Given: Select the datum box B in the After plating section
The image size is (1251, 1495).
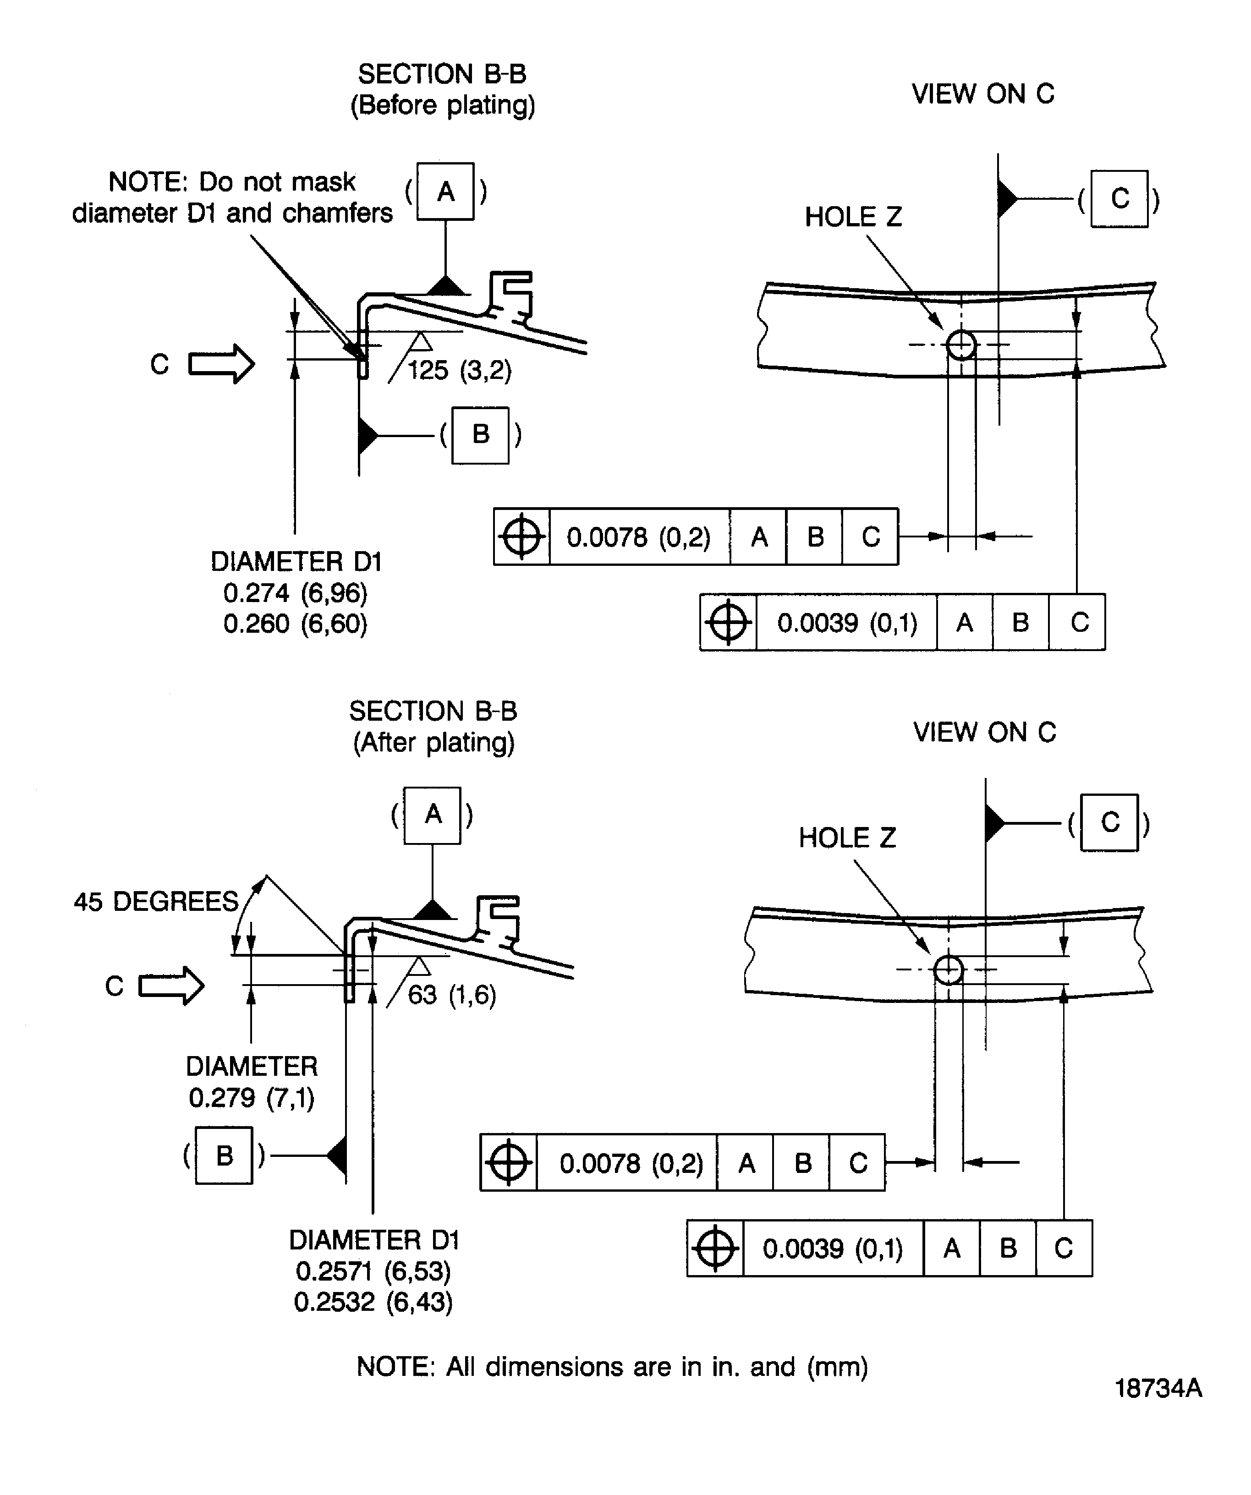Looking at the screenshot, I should (x=224, y=1155).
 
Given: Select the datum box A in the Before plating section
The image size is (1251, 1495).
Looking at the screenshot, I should (x=446, y=192).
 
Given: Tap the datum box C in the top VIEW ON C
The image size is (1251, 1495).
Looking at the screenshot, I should (x=1119, y=199).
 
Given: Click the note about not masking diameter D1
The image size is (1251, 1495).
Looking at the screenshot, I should (x=232, y=197).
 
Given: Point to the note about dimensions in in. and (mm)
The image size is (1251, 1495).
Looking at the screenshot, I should (x=612, y=1366).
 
